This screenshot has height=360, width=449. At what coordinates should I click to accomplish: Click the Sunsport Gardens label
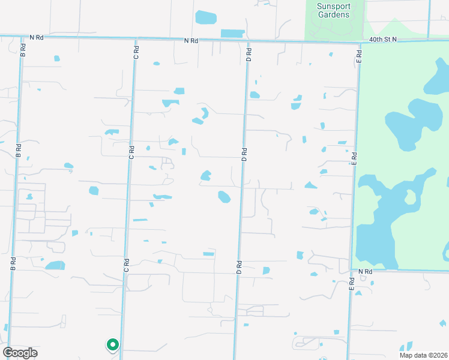point(333,10)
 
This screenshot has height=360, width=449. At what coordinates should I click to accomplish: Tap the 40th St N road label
point(384,40)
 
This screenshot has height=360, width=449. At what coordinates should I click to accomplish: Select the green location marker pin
point(112,344)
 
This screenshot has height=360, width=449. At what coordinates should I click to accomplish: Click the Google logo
point(20,353)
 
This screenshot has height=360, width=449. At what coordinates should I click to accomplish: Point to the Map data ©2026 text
point(424,354)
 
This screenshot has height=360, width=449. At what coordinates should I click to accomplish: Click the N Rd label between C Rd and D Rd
point(191,40)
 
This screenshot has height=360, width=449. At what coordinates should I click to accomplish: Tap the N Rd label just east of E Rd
point(365,272)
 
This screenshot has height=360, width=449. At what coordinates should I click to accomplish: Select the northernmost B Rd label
point(23,49)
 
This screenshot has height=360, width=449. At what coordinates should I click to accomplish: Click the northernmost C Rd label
point(136,52)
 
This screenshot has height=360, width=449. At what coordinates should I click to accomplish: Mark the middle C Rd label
point(130,150)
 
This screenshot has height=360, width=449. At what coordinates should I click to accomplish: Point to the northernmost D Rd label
point(248,55)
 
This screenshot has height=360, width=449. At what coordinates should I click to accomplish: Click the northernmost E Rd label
point(359,57)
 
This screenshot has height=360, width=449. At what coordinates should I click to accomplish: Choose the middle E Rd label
point(354,158)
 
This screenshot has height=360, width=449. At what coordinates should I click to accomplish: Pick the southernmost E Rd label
point(351,284)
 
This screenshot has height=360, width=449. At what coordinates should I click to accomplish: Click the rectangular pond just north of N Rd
point(232,34)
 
